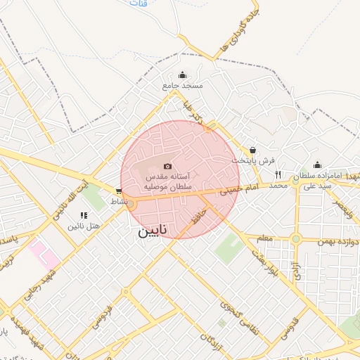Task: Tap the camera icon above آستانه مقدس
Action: coord(167,166)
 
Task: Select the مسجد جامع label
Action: coord(183,85)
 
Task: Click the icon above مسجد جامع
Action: coord(183,75)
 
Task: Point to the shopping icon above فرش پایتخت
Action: coord(252,150)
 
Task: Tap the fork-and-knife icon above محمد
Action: coord(278,174)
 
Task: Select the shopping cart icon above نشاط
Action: coord(119,191)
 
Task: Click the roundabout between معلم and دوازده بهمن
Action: coord(295,239)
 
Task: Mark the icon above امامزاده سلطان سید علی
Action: coord(317,165)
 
